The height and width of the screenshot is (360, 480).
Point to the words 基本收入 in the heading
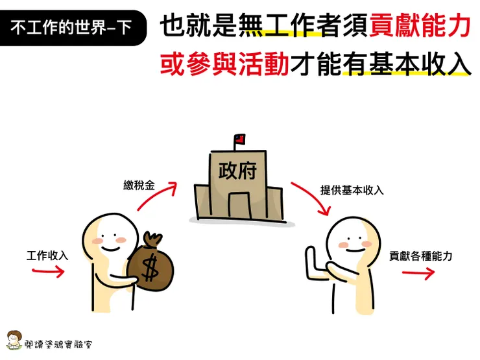tap(405, 64)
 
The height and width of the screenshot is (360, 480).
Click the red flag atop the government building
tap(239, 139)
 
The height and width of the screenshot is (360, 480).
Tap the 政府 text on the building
tap(237, 171)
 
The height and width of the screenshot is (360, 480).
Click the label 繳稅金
tap(139, 186)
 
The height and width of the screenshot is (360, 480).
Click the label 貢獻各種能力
tap(420, 256)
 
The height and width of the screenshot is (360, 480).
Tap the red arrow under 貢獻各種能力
tap(418, 273)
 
